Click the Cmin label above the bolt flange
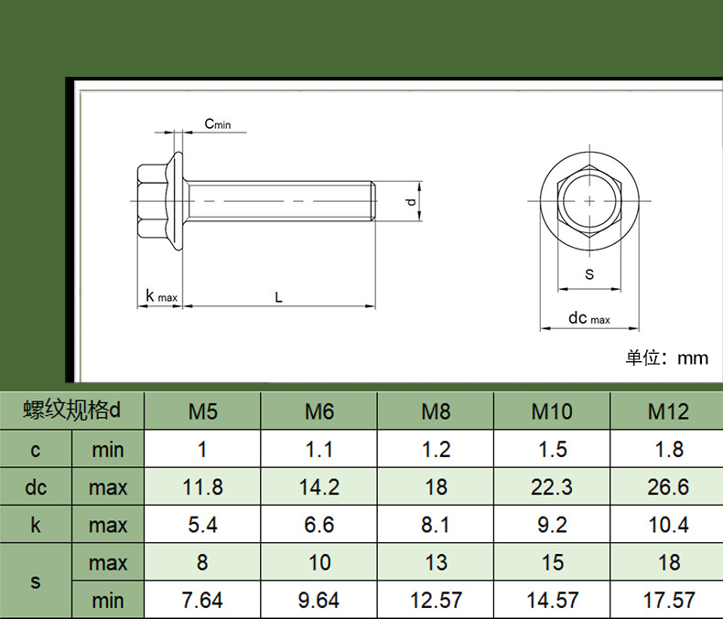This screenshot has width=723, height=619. pos(218,124)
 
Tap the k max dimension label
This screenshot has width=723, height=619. pos(161,295)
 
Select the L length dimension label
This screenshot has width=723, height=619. pos(278,297)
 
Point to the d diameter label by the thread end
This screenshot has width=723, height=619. pos(411,201)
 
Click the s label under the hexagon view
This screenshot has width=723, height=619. pos(589,274)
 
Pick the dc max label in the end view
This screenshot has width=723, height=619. pos(589,318)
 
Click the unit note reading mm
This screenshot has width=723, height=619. pos(667,358)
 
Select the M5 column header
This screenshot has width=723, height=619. pos(202,411)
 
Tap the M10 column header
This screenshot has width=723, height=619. pos(552,411)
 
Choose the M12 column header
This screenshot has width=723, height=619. pos(668,411)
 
